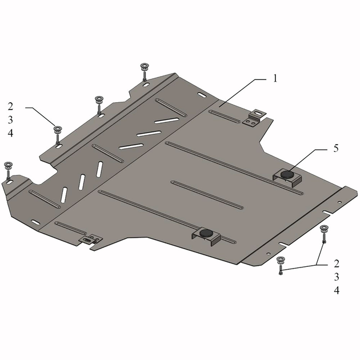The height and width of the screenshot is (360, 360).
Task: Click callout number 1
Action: (275, 78)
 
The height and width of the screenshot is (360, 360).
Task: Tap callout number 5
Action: (336, 149)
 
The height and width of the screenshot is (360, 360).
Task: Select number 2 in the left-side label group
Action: (10, 106)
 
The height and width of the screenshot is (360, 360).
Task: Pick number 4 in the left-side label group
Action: (10, 133)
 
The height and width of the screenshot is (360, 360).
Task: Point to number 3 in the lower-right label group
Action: (337, 277)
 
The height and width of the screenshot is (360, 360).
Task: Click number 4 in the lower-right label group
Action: (337, 291)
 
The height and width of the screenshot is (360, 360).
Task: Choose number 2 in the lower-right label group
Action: (337, 264)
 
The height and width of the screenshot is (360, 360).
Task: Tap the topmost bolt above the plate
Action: (145, 72)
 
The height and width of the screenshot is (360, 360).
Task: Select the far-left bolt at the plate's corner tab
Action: (8, 171)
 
